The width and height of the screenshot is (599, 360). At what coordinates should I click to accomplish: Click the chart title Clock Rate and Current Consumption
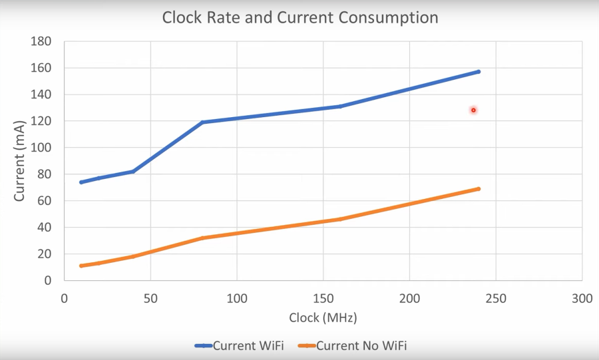click(x=300, y=17)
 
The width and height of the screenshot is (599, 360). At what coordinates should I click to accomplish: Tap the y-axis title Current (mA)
click(x=21, y=160)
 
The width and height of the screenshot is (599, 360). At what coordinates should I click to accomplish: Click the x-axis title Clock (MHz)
click(x=323, y=318)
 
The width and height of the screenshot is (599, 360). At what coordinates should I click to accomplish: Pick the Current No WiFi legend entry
click(x=353, y=345)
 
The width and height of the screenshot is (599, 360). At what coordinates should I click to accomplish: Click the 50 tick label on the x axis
click(x=150, y=299)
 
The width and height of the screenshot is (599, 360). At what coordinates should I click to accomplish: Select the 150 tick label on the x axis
click(x=323, y=299)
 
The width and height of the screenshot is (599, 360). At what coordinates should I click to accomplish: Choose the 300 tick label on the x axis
click(x=582, y=299)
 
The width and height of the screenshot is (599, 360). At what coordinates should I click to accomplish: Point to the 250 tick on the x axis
click(x=496, y=299)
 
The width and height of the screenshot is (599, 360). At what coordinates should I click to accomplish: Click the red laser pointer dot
click(x=473, y=110)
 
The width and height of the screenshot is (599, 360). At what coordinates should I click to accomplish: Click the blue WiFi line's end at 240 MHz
click(x=479, y=71)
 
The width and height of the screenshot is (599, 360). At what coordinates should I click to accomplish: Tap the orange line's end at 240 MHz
click(x=479, y=189)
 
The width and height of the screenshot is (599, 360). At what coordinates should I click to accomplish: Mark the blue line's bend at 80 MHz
click(x=202, y=122)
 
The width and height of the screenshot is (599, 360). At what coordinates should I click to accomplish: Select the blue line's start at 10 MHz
click(x=81, y=182)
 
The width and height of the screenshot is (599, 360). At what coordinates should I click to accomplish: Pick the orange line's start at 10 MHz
click(x=81, y=266)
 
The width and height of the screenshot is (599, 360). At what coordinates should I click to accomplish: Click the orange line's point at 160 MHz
click(x=340, y=219)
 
